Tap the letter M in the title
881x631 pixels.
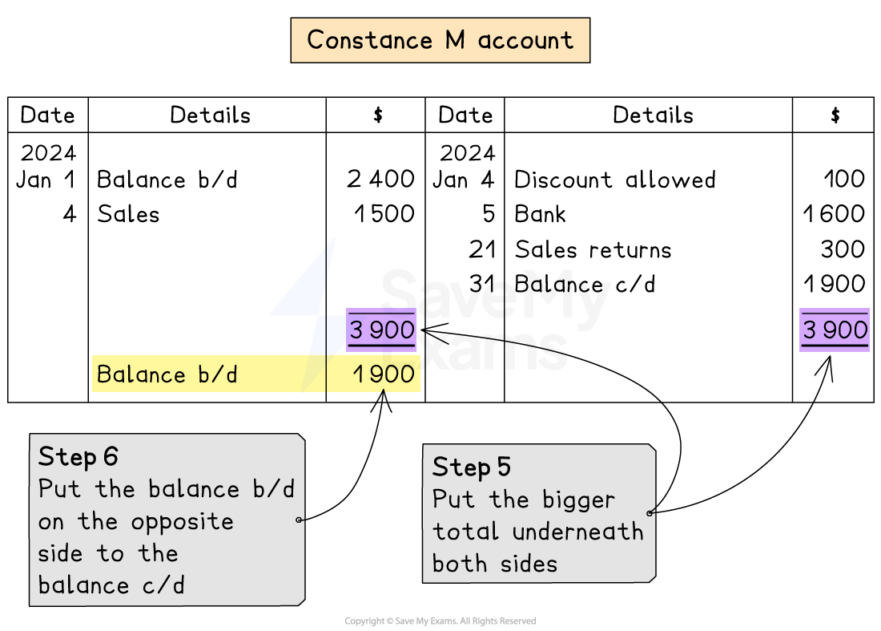pyautogui.click(x=455, y=40)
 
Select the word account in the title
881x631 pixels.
pyautogui.click(x=525, y=41)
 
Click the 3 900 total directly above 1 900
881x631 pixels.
pyautogui.click(x=382, y=330)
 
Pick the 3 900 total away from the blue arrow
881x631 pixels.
pyautogui.click(x=835, y=330)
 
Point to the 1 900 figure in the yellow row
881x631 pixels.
pyautogui.click(x=384, y=374)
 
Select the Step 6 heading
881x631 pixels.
pyautogui.click(x=78, y=457)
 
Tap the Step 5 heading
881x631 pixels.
pyautogui.click(x=472, y=467)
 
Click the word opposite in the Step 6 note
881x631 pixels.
pyautogui.click(x=183, y=522)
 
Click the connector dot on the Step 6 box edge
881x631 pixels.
pyautogui.click(x=299, y=520)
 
